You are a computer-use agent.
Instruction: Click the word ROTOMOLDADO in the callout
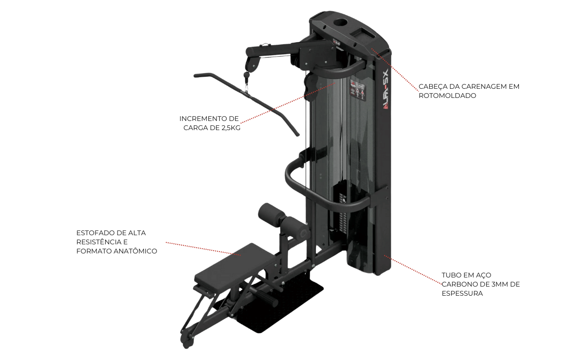coord(447,96)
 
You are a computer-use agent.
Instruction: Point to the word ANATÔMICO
coord(135,251)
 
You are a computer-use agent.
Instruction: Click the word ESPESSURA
coord(462,293)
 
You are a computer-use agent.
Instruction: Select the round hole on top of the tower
coord(341,23)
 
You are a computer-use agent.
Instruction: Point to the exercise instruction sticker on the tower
coord(358,90)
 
